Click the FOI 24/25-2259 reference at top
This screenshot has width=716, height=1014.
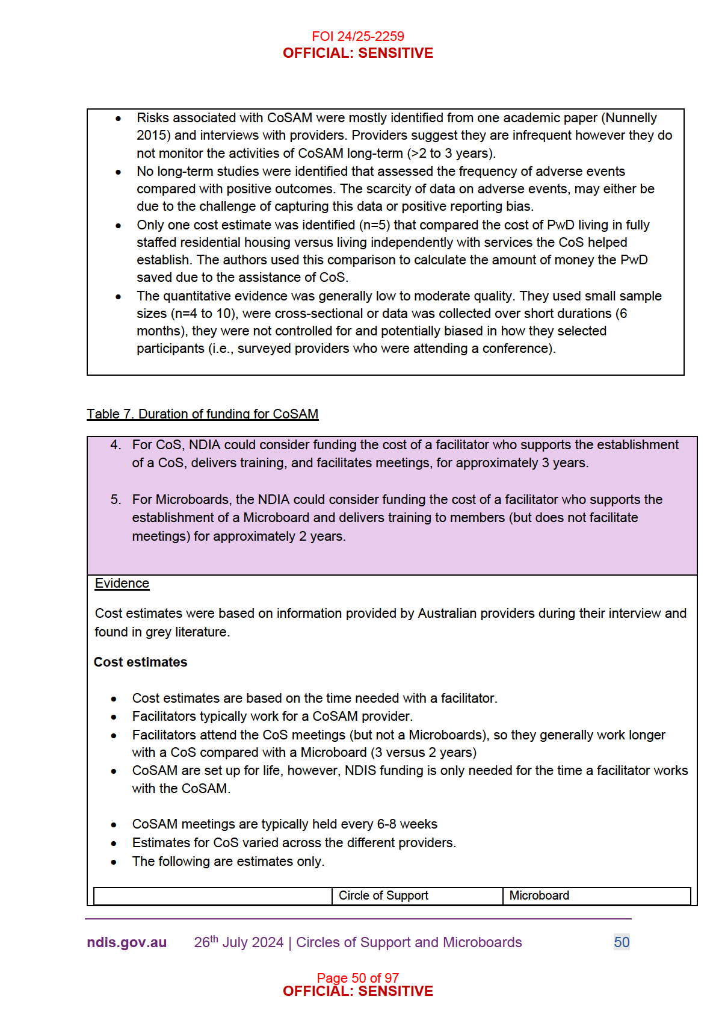tap(357, 36)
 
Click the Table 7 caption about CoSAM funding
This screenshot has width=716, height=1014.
tap(202, 414)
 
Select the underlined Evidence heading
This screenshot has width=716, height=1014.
tap(122, 583)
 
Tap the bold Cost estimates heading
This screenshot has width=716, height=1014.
tap(140, 662)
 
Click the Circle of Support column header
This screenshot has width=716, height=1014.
tap(383, 895)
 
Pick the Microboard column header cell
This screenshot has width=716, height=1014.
tap(539, 895)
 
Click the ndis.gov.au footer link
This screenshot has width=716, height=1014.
tap(126, 942)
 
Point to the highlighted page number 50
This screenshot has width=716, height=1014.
tap(622, 942)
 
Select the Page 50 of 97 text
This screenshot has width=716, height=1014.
tap(357, 977)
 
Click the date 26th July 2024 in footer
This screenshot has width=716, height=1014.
tap(238, 942)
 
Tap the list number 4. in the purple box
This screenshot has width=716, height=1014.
tap(116, 445)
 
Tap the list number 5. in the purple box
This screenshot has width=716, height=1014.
tap(116, 500)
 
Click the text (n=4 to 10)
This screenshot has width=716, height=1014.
tap(204, 314)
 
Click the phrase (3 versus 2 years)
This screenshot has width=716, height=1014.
tap(423, 753)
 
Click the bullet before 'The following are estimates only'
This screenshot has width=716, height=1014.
tap(114, 862)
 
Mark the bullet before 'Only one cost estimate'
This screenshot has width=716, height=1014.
tap(119, 226)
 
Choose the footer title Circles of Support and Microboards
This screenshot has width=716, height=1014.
tap(409, 942)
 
